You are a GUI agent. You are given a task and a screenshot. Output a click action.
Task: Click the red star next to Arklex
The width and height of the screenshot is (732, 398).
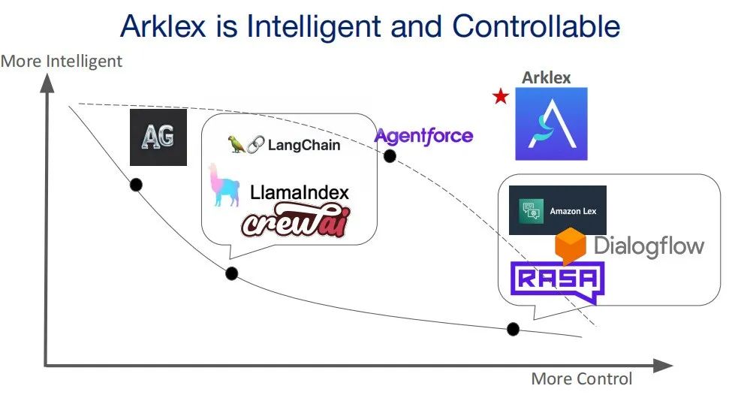pos(499,97)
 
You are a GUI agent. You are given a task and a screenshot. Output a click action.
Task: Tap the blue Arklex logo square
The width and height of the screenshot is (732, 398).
pos(551,124)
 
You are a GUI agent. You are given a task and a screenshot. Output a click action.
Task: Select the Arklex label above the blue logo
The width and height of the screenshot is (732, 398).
pos(547,77)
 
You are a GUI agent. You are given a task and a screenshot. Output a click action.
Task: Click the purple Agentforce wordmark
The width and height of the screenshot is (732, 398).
pos(423,136)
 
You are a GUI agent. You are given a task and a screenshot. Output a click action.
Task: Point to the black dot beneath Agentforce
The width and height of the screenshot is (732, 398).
pos(390,156)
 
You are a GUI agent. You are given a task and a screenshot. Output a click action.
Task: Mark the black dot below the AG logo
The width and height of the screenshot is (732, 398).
pos(136,185)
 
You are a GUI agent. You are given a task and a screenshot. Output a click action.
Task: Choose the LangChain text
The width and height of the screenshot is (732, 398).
pos(304,144)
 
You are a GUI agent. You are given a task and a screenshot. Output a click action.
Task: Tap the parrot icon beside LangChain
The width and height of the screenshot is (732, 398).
pos(239,144)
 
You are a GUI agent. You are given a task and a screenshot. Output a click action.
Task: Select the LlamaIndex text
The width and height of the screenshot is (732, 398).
pos(300,192)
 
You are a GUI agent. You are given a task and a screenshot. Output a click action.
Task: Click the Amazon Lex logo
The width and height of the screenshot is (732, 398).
pos(557,210)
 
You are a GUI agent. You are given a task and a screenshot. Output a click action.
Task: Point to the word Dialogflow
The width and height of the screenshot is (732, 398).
pos(649,246)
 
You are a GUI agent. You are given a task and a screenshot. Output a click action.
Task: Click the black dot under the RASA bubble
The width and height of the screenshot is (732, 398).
pos(514,329)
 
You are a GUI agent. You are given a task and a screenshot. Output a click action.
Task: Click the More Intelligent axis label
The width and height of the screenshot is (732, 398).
pos(62,62)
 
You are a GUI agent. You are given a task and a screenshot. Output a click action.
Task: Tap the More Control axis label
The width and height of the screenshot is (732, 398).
pos(582,379)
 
